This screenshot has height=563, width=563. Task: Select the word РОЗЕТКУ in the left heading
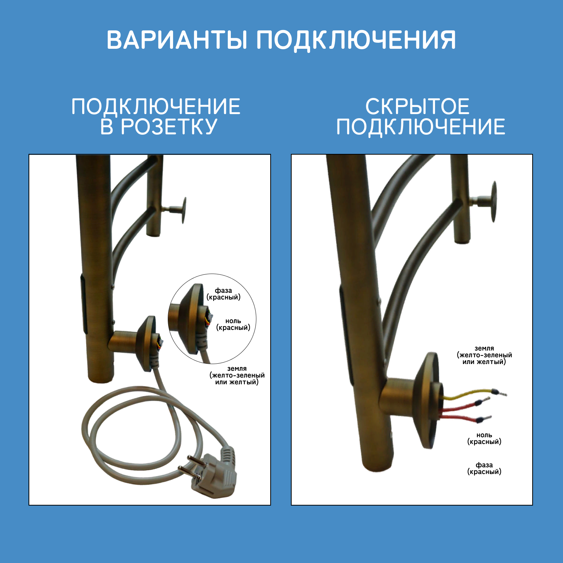coord(169,126)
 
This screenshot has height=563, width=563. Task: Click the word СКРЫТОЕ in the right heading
coord(417,107)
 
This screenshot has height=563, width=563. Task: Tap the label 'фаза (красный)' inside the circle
coord(223,294)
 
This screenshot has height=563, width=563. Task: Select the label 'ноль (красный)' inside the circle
coord(233,324)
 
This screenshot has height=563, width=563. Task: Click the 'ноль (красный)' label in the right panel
coord(484,438)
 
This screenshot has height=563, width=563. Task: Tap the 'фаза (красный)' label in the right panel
coord(484,468)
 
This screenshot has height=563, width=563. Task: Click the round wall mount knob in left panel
coord(183,210)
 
